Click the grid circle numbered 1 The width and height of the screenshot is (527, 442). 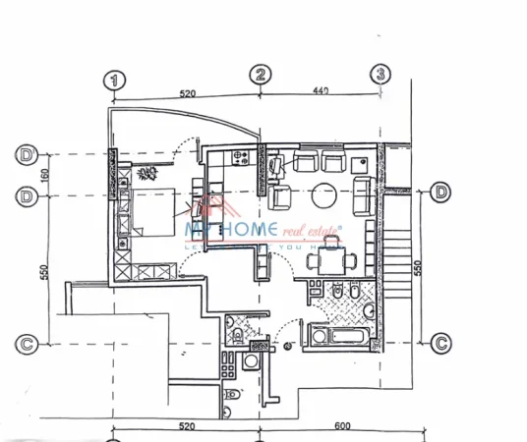[x=117, y=80]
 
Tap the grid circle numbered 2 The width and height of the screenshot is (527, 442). [x=261, y=75]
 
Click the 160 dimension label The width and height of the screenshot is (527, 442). [x=43, y=175]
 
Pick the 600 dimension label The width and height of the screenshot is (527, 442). [x=342, y=425]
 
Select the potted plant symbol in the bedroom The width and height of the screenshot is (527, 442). [x=148, y=175]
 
